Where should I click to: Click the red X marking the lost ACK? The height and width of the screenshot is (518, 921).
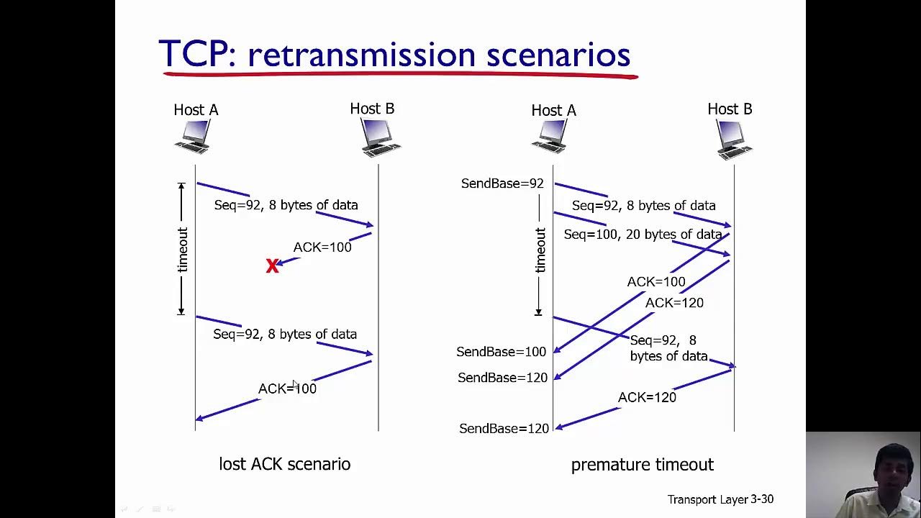point(272,265)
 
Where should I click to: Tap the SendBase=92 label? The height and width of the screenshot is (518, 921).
point(502,183)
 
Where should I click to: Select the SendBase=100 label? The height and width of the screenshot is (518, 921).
point(502,352)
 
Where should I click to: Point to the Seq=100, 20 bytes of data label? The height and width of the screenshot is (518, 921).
point(643,235)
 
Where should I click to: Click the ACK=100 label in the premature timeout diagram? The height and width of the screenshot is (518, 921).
point(656,282)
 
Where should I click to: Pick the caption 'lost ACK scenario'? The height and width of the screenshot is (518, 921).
point(284,464)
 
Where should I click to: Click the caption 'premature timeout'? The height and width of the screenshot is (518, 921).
point(643,465)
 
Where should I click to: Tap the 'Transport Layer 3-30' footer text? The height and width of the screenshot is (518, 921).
point(720,499)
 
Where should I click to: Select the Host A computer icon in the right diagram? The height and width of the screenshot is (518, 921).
point(550,137)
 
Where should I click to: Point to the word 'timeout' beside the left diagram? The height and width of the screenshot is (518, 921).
point(182,250)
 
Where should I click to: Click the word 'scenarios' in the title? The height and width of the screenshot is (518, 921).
point(558,55)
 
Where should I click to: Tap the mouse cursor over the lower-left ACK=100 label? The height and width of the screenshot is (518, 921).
point(295,385)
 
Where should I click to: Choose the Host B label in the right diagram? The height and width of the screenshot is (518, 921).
point(730,109)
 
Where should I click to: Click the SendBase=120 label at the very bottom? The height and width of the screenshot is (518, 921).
point(504,429)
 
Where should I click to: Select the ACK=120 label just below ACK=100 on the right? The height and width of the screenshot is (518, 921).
point(674,303)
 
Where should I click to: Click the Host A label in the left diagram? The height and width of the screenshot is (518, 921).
point(196,110)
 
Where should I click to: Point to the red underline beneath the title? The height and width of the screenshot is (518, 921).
point(401,75)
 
